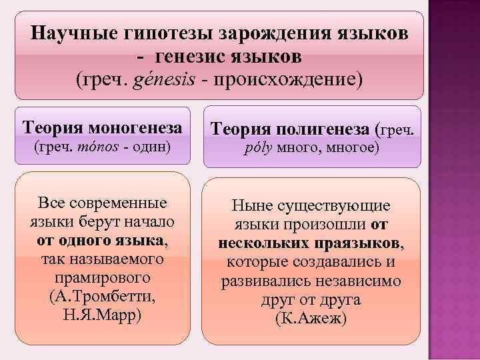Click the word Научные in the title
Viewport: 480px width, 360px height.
tap(74, 33)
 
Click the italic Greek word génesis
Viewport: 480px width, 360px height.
tap(164, 80)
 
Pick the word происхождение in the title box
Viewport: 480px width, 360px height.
tap(285, 80)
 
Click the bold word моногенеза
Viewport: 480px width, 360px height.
tap(135, 127)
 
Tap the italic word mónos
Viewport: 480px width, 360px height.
tap(98, 147)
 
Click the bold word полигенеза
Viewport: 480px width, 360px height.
tap(323, 129)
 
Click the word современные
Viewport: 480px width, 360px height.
tap(118, 203)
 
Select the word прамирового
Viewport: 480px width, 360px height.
tap(103, 278)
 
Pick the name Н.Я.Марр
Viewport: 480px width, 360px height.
tap(102, 315)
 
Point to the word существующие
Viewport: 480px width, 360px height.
tap(334, 206)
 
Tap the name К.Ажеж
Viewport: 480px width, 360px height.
tap(311, 319)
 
